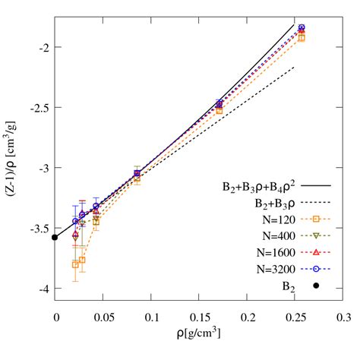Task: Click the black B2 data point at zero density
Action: pyautogui.click(x=55, y=237)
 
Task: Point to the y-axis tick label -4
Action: pyautogui.click(x=43, y=289)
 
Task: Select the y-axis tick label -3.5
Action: pyautogui.click(x=39, y=229)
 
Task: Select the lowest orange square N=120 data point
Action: pyautogui.click(x=74, y=264)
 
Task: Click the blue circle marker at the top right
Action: pyautogui.click(x=302, y=28)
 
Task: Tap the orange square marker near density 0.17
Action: pyautogui.click(x=219, y=110)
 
